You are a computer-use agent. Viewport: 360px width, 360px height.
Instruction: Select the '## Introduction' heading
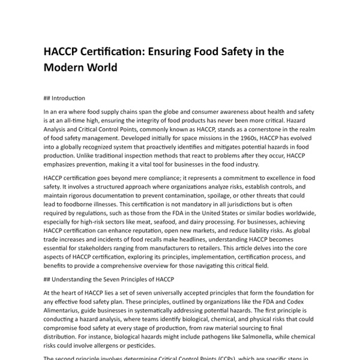click(64, 98)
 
